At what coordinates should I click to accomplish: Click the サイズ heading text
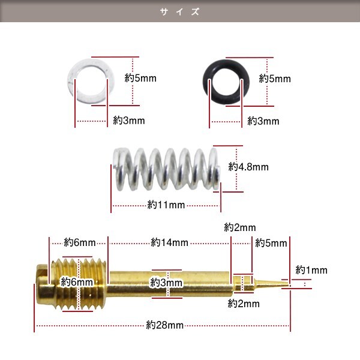tap(180, 11)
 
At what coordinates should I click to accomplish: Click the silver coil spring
tap(167, 169)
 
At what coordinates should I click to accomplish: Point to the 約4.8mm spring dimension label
tap(248, 167)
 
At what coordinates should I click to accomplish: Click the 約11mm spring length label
tap(166, 205)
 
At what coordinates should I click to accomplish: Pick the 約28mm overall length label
tap(165, 325)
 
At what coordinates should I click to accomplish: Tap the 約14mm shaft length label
tap(169, 242)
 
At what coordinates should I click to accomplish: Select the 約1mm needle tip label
tap(311, 270)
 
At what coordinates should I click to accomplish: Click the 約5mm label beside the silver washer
tap(140, 78)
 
